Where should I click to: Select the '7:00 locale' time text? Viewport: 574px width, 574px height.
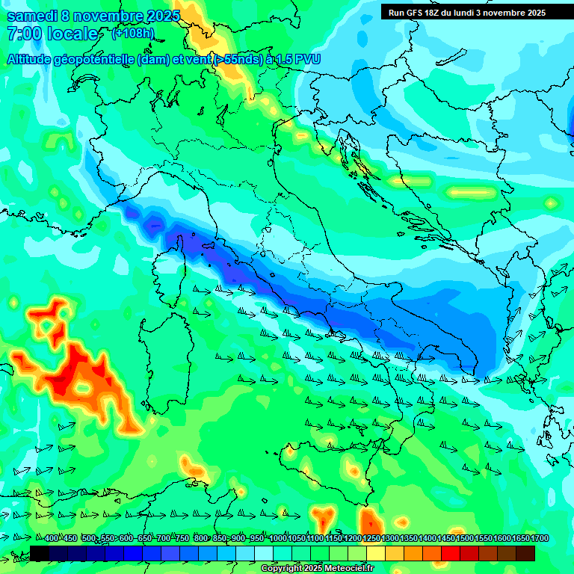coord(52,34)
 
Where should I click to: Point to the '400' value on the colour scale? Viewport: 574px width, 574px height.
coord(52,538)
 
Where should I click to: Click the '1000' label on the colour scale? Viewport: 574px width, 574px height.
coord(278,538)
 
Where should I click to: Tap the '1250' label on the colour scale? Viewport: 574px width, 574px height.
coord(371,538)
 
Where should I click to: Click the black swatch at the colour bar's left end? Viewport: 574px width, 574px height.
coord(40,553)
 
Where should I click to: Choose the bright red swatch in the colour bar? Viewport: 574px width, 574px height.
coord(450,553)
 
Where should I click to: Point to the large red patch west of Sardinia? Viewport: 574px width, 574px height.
coord(82,377)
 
